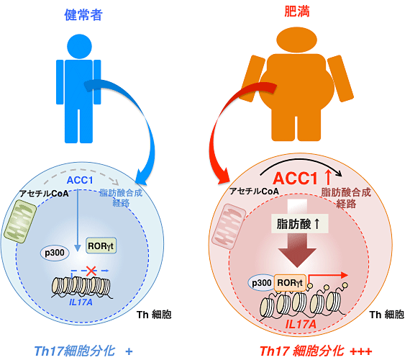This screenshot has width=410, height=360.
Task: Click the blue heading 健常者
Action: tap(83, 14)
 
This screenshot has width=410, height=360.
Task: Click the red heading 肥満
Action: tap(297, 12)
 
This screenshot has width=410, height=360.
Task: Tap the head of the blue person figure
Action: tap(79, 46)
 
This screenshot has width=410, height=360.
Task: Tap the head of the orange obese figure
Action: tap(297, 40)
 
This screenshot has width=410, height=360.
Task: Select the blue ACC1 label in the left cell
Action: tap(80, 180)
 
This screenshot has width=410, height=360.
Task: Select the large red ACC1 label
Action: tap(295, 179)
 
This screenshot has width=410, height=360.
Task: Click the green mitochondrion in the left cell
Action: tap(20, 222)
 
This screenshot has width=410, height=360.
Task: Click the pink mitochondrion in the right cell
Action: tap(229, 226)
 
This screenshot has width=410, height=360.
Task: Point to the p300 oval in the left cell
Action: tap(55, 253)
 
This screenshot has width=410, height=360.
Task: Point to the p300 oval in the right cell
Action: tap(261, 283)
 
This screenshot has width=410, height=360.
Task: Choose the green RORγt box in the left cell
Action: tap(101, 246)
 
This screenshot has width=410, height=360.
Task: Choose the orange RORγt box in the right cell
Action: tap(290, 283)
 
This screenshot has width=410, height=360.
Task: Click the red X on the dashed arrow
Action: tap(91, 271)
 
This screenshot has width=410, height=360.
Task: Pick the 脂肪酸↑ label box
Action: tap(299, 224)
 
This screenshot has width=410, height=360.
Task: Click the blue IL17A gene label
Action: tap(81, 302)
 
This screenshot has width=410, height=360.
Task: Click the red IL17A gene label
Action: tap(301, 324)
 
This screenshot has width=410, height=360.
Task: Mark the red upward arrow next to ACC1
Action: tap(327, 178)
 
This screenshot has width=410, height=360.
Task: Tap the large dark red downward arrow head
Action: tap(297, 257)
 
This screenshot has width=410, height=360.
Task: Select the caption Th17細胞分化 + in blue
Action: tap(83, 351)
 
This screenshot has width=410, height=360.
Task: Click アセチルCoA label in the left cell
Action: tap(44, 194)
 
